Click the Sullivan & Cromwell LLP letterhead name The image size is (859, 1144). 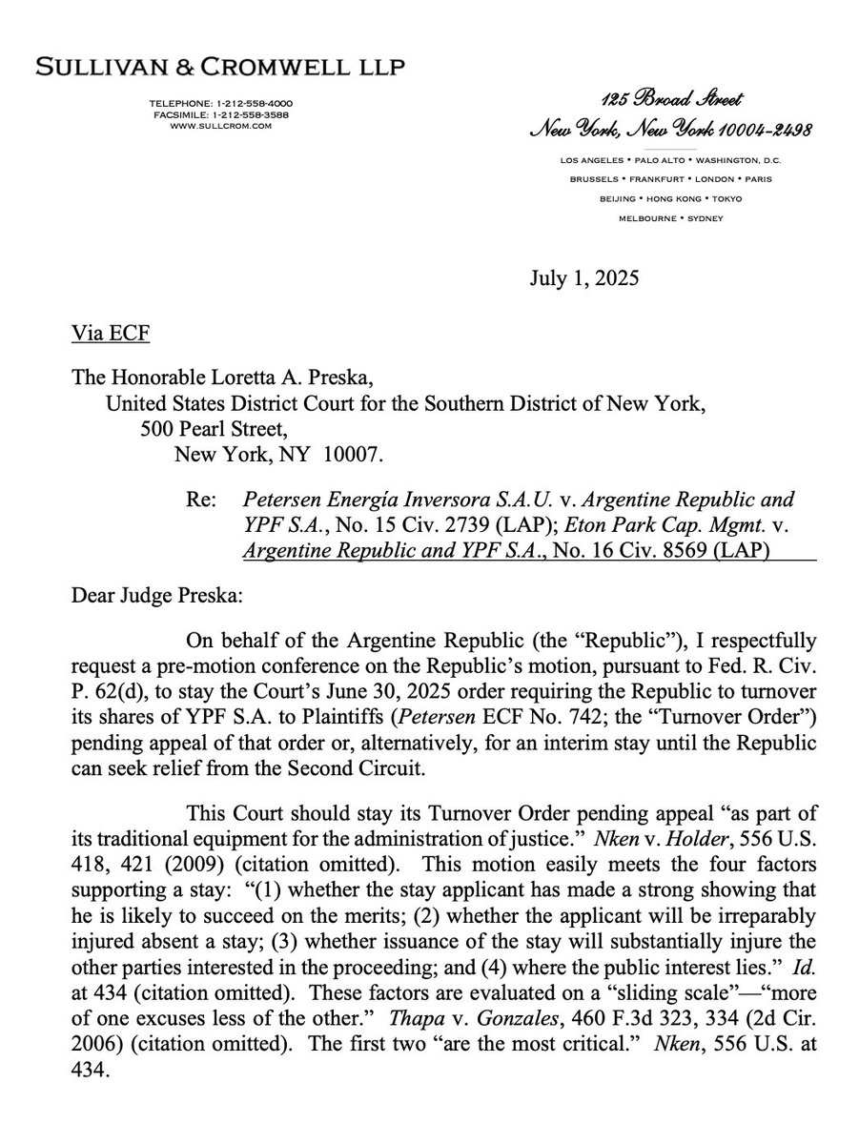219,67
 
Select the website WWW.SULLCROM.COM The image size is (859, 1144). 220,124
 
